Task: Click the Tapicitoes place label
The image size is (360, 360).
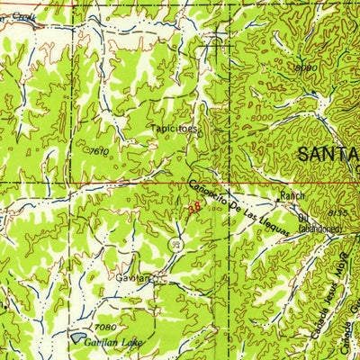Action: pyautogui.click(x=175, y=128)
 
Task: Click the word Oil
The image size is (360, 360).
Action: pyautogui.click(x=303, y=216)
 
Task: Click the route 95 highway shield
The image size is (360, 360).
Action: pyautogui.click(x=178, y=244)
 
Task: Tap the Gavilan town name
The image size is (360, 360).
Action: pyautogui.click(x=131, y=279)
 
